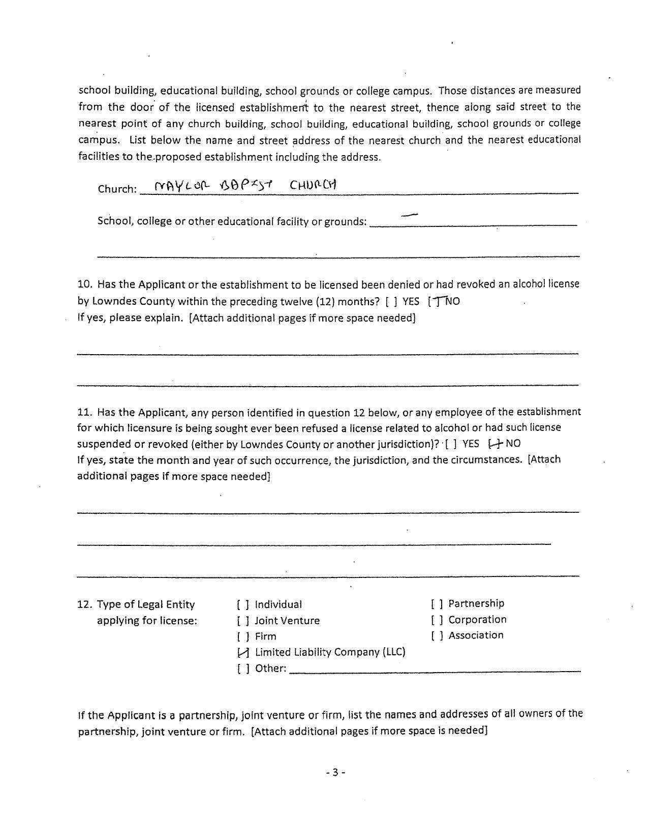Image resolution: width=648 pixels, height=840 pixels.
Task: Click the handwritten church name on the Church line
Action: click(x=245, y=185)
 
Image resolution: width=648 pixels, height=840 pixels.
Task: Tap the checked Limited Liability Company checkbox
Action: click(x=243, y=653)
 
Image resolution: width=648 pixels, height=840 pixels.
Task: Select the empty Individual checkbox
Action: click(x=243, y=605)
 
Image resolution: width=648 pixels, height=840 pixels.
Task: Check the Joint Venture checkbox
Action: click(x=243, y=621)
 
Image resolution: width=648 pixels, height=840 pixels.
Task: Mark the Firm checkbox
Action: click(x=243, y=636)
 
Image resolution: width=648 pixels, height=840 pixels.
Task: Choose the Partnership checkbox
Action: click(x=437, y=604)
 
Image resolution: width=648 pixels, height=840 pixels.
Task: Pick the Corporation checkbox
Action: click(x=437, y=620)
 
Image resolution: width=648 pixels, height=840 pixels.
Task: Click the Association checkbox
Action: click(x=437, y=635)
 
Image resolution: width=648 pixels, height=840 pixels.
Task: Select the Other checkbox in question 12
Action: click(x=243, y=669)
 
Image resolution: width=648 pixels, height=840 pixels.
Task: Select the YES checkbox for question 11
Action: click(x=450, y=444)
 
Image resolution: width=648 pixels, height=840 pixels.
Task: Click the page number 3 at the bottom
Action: click(x=335, y=772)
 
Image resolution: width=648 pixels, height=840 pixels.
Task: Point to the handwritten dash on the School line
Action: click(x=409, y=215)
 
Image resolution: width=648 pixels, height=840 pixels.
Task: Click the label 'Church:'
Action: click(x=117, y=189)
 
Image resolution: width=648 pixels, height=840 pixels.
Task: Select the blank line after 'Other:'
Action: click(x=435, y=671)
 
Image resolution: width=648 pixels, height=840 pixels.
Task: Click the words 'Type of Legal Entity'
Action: click(x=146, y=605)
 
